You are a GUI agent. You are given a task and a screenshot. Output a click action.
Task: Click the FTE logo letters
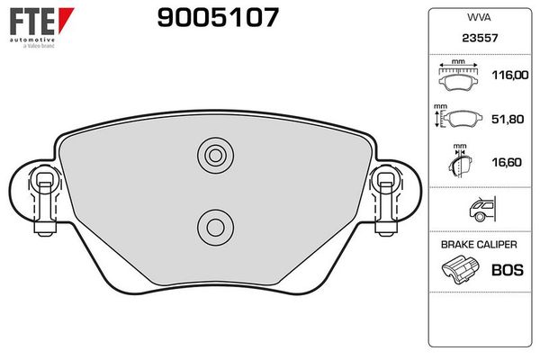click(32, 22)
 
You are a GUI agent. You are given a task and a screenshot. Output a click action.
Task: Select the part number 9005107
click(218, 17)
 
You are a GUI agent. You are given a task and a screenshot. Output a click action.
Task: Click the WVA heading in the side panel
click(479, 17)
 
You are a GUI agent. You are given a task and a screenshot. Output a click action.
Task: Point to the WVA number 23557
click(480, 38)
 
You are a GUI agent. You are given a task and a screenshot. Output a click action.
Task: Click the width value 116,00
click(510, 75)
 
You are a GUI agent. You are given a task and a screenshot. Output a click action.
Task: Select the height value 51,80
click(508, 119)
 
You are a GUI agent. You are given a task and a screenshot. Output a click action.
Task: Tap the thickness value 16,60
click(507, 162)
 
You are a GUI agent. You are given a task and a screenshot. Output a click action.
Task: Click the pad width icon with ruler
click(458, 76)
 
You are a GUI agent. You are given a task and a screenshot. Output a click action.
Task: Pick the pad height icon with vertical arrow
click(458, 118)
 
